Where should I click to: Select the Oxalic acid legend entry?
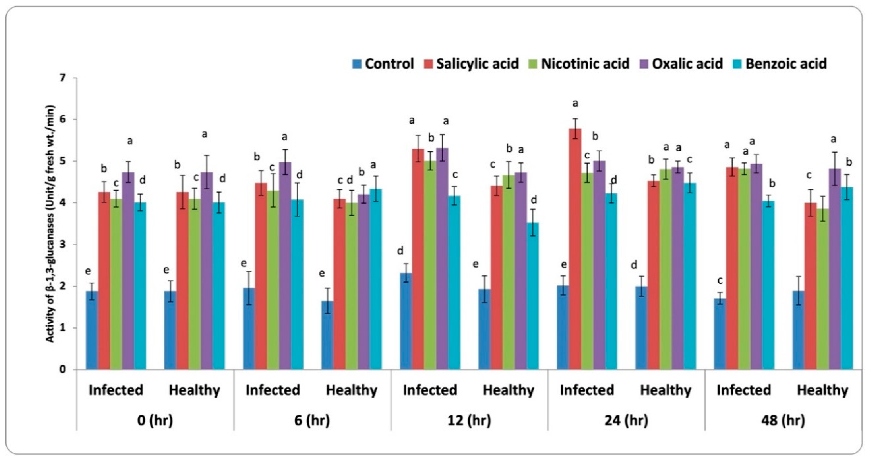(687, 64)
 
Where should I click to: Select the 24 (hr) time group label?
(626, 421)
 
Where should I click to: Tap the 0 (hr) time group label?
(155, 421)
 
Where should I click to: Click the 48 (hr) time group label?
(783, 421)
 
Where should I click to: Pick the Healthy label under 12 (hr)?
(508, 390)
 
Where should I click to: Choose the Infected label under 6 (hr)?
(273, 390)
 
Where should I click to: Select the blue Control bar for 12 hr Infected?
(406, 321)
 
